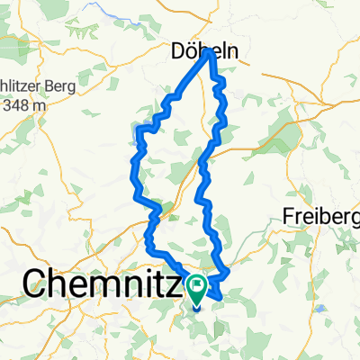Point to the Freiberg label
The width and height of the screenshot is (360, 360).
(x=321, y=216)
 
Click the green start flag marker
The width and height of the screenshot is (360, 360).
(x=196, y=288)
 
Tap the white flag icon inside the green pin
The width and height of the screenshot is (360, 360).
(x=196, y=285)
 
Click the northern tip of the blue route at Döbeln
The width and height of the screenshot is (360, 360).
(x=210, y=51)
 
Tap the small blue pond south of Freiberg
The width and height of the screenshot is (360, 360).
(x=319, y=308)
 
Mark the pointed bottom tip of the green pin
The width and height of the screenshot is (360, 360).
(x=196, y=303)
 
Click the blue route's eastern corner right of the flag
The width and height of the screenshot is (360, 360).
(x=230, y=271)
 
